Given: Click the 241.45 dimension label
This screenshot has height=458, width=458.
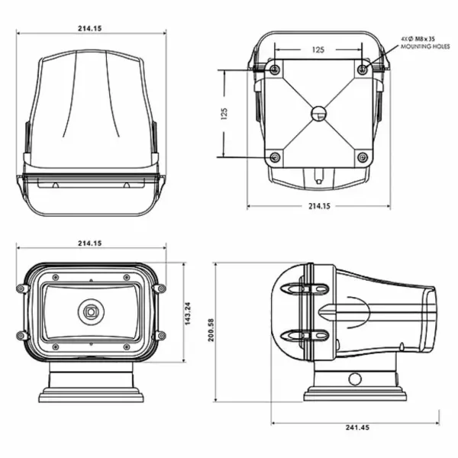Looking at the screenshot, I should click(356, 427).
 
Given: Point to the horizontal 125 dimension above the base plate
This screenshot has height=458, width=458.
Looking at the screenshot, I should click(318, 49).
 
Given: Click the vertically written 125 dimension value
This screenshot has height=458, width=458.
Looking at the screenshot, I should click(224, 114).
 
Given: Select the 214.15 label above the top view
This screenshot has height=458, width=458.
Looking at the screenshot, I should click(89, 27).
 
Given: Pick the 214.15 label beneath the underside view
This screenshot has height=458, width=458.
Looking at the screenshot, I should click(318, 206).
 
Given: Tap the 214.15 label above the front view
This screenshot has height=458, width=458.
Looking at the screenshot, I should click(89, 243).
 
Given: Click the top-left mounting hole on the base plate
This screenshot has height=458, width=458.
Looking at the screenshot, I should click(276, 70).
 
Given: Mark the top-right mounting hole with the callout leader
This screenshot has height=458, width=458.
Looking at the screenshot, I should click(363, 70).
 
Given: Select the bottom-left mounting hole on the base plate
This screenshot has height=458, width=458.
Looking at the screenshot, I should click(276, 157).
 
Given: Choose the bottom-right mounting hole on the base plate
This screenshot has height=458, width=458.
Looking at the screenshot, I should click(363, 157).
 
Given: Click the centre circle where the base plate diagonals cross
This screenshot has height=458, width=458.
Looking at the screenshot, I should click(319, 114).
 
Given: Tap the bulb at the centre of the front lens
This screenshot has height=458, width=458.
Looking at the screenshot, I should click(91, 311).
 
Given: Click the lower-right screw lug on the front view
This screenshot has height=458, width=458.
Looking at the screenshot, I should click(160, 336).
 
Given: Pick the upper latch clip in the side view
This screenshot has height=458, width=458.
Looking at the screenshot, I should click(305, 289).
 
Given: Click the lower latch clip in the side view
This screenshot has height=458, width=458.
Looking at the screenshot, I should click(305, 335).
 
